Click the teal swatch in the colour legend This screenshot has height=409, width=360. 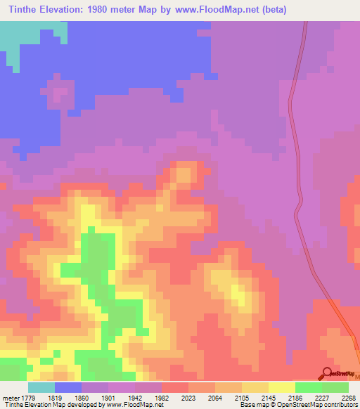(x=41, y=388)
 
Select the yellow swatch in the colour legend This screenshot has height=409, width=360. (x=282, y=388)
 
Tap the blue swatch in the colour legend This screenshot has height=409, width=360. (x=68, y=388)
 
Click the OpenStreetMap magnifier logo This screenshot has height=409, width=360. (x=326, y=374)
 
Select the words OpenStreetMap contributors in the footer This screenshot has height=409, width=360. (x=321, y=404)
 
